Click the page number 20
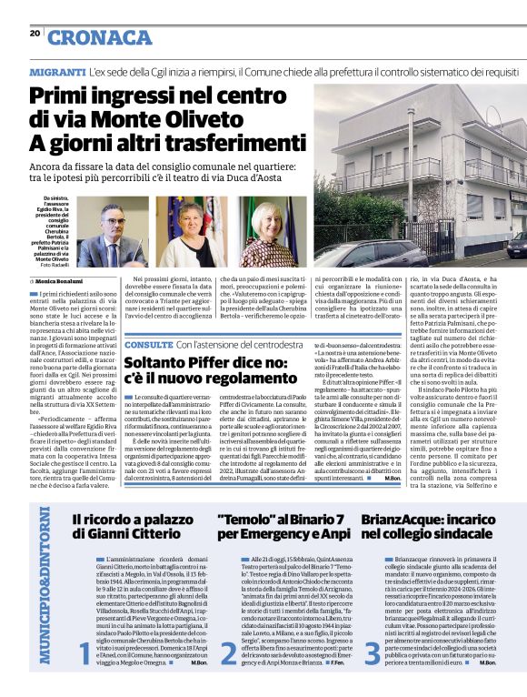point(34,33)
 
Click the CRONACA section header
point(101,37)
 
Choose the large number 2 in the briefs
point(228,651)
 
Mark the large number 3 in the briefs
point(373,651)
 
